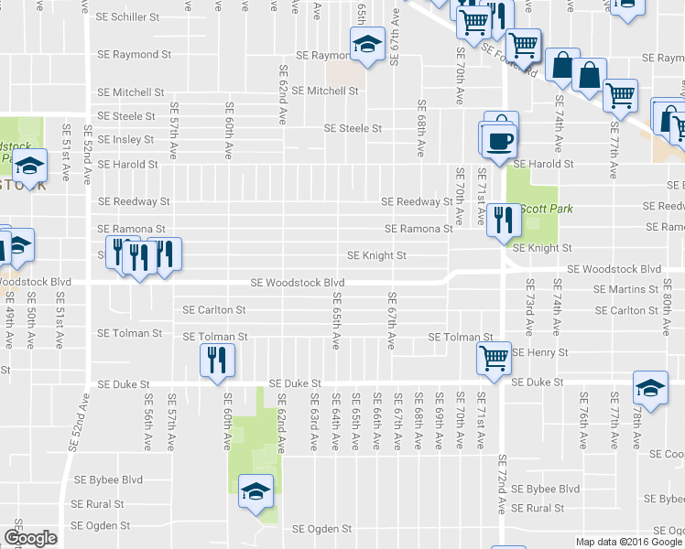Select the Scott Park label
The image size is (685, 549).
click(547, 209)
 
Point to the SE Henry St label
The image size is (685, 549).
click(540, 352)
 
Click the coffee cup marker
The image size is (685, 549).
click(500, 139)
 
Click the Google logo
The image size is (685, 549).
click(30, 538)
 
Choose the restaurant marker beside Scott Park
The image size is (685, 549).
click(503, 220)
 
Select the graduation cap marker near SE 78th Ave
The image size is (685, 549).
click(650, 387)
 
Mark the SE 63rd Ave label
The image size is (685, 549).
click(313, 422)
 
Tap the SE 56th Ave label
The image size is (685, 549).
click(147, 422)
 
